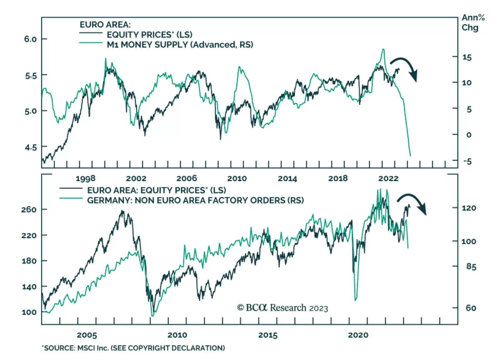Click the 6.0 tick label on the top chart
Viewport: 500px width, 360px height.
click(x=30, y=39)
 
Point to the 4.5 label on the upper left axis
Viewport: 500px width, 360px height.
click(x=30, y=147)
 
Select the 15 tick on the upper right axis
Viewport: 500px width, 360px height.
click(x=467, y=57)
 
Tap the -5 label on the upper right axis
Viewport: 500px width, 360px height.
click(x=467, y=161)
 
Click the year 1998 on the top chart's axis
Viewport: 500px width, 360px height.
click(x=85, y=179)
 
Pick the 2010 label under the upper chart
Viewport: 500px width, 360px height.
click(x=237, y=179)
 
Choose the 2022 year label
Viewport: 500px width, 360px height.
click(x=388, y=179)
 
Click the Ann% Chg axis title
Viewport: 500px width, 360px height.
click(x=473, y=23)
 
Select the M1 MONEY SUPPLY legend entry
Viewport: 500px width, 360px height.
click(x=180, y=45)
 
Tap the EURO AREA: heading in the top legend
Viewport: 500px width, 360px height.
click(x=105, y=24)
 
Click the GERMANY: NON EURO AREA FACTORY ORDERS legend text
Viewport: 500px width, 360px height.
click(x=195, y=200)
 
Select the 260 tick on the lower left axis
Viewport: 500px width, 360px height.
click(x=29, y=210)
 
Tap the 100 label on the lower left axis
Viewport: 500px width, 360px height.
click(x=29, y=312)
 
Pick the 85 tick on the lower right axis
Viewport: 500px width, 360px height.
click(x=471, y=267)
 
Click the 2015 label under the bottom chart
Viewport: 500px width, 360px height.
click(x=268, y=335)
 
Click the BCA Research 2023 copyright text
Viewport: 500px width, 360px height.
click(x=282, y=308)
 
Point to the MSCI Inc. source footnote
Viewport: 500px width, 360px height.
click(x=133, y=348)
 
